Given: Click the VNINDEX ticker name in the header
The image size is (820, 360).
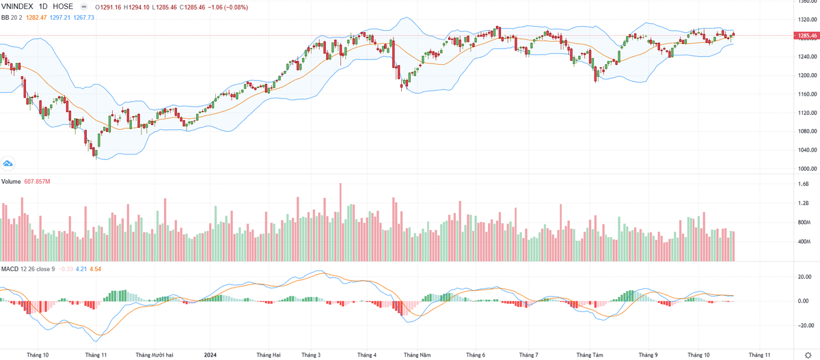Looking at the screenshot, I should [x=17, y=6].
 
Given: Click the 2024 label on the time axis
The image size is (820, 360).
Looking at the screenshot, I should [x=212, y=355].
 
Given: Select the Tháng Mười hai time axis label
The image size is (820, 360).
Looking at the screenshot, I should [x=154, y=355].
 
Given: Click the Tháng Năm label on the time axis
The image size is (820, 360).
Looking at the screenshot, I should [x=417, y=355].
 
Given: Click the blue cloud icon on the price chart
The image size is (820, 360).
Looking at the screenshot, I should [x=8, y=164].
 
